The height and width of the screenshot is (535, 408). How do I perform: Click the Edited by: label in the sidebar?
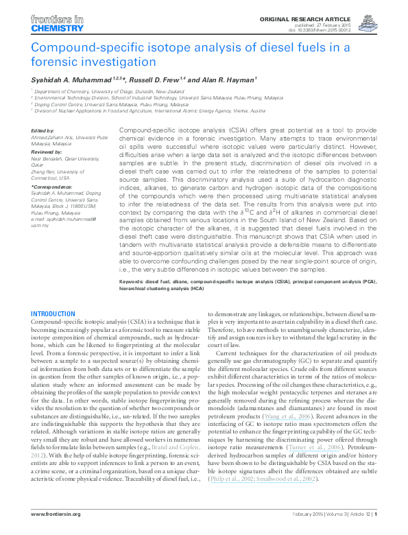45,130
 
